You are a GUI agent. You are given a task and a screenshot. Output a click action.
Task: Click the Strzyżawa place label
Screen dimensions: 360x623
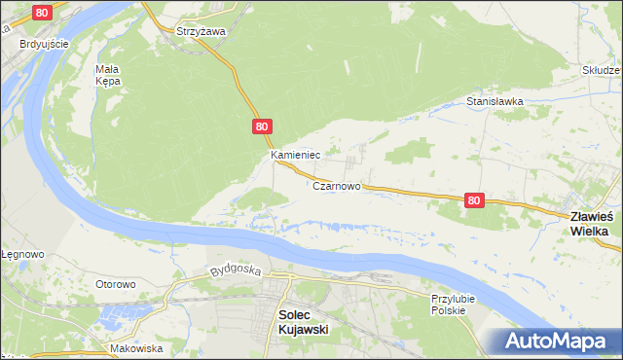tap(201, 31)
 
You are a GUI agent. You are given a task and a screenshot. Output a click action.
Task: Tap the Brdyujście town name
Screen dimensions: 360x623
tap(44, 44)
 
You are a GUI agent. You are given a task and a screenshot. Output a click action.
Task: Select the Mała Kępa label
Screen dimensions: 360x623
tap(107, 75)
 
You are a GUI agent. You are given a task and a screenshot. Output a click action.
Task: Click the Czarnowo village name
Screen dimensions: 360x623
tap(337, 185)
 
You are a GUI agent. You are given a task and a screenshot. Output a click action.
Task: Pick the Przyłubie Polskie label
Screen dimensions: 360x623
tap(449, 304)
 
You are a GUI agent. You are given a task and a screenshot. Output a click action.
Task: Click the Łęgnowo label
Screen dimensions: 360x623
tap(22, 254)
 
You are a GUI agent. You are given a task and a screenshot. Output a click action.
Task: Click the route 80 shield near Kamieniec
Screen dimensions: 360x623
tap(262, 126)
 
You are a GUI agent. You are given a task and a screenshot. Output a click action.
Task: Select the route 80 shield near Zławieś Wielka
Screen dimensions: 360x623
tap(473, 199)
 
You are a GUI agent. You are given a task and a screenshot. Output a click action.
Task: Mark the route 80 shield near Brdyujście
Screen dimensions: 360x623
tap(41, 13)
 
